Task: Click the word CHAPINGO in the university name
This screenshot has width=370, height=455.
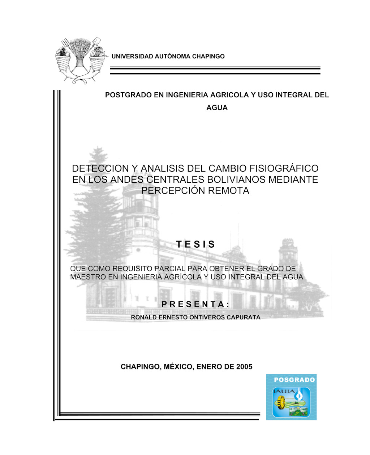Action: point(208,57)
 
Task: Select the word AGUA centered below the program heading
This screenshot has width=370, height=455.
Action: point(217,108)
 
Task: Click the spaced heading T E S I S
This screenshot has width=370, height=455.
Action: point(195,244)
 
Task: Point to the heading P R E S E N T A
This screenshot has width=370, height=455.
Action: point(195,304)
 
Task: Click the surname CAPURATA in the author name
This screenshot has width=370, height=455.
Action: point(244,318)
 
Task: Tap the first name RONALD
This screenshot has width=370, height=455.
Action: point(144,318)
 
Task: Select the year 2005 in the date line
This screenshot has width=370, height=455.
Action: point(244,367)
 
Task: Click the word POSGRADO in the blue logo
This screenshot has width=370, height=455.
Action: point(294,380)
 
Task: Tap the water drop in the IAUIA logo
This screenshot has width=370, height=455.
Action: point(298,396)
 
